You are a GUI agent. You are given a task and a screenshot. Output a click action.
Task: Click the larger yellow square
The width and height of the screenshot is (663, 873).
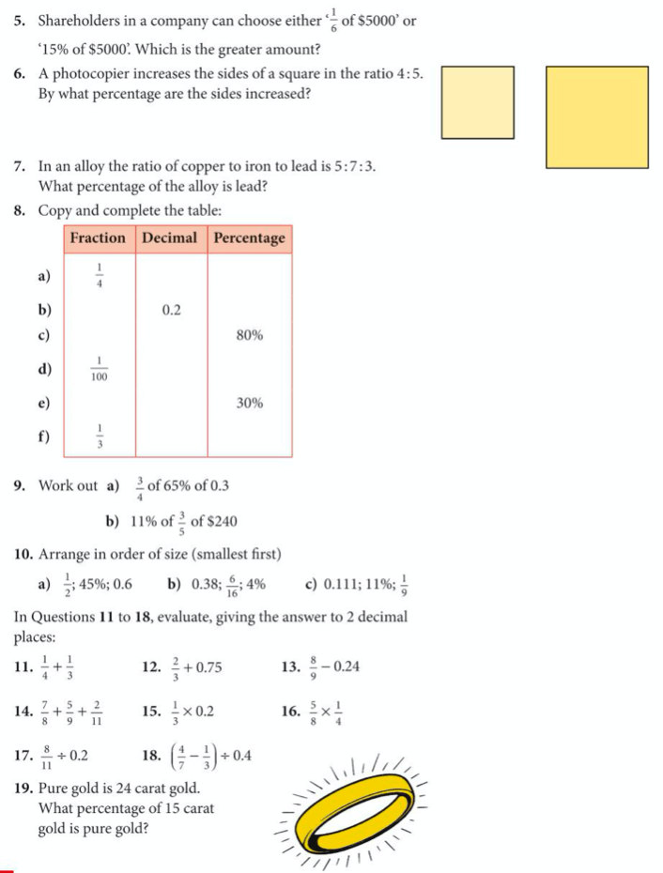596,116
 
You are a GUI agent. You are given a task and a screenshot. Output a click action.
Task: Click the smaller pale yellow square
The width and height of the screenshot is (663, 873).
479,101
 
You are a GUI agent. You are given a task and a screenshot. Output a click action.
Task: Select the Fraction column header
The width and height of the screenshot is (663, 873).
99,238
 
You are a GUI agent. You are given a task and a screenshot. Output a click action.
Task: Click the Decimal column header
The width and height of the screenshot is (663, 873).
172,238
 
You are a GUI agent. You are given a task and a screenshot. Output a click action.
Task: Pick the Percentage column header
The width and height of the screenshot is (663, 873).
249,238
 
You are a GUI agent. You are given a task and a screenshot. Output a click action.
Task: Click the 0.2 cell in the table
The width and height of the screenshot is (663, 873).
171,309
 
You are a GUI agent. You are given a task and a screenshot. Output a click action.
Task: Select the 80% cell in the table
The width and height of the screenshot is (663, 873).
249,335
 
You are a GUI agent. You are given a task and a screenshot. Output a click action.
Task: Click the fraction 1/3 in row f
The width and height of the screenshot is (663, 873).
100,436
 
